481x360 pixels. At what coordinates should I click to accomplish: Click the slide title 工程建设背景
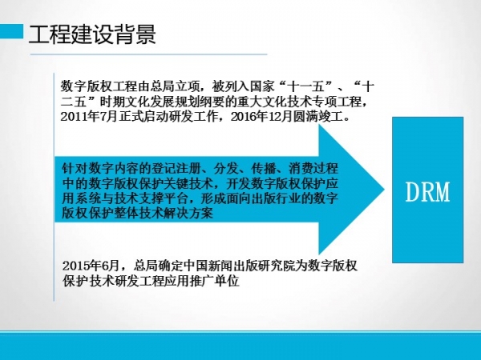pyautogui.click(x=92, y=34)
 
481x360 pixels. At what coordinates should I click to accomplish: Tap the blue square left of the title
pyautogui.click(x=11, y=31)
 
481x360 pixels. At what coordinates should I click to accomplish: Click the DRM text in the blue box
pyautogui.click(x=427, y=192)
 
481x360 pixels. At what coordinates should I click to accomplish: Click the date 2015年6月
pyautogui.click(x=91, y=266)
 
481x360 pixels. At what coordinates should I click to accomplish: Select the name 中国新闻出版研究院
pyautogui.click(x=243, y=266)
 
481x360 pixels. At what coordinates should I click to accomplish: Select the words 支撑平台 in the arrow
pyautogui.click(x=163, y=198)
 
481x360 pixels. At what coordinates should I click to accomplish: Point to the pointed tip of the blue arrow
pyautogui.click(x=384, y=190)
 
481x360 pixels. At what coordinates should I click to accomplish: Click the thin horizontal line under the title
pyautogui.click(x=148, y=54)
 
